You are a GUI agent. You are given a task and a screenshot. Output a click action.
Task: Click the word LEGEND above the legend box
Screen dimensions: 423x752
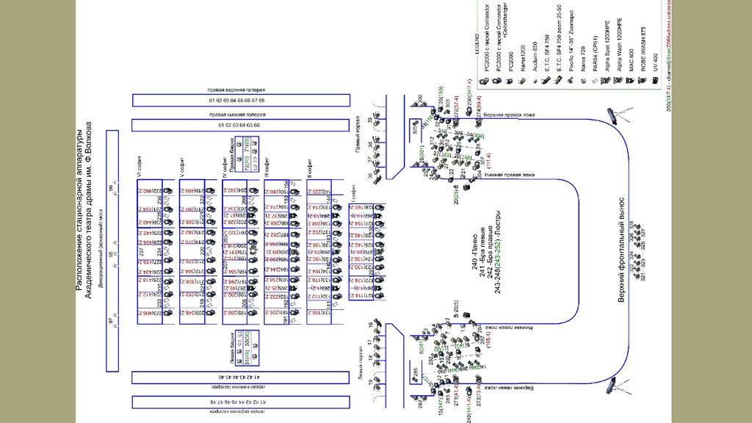pyautogui.click(x=477, y=54)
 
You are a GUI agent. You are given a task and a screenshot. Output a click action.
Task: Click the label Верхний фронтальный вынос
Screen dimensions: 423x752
pyautogui.click(x=621, y=250)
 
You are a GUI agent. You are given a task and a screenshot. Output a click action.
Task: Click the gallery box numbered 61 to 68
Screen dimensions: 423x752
pyautogui.click(x=236, y=100)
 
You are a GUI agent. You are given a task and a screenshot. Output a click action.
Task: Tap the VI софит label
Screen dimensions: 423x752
pyautogui.click(x=137, y=165)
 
